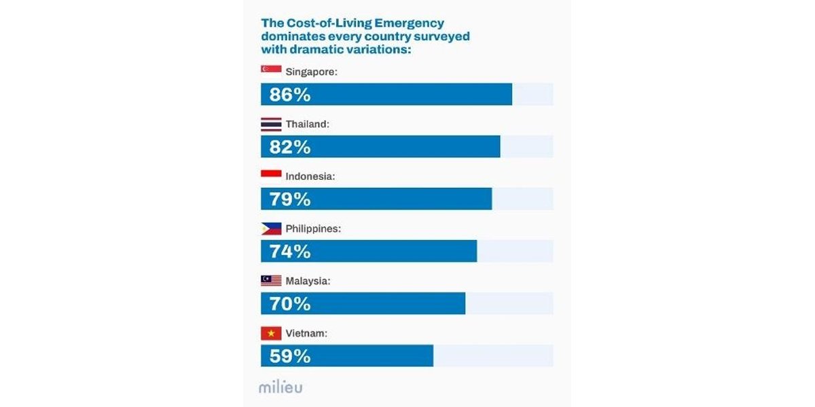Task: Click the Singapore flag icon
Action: [x=271, y=70]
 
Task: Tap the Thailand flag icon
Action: [x=271, y=124]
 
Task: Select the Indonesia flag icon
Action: [x=271, y=175]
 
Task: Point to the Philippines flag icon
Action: [x=271, y=229]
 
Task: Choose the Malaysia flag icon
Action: [x=271, y=281]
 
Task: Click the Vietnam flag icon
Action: [x=271, y=334]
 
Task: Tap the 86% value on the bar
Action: [x=290, y=95]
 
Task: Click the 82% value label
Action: [x=290, y=147]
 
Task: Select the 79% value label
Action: [x=290, y=199]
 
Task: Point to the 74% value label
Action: [x=290, y=252]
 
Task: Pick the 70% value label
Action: [x=290, y=304]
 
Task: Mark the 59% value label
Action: [x=290, y=356]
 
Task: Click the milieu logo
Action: [x=280, y=387]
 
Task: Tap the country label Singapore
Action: [x=311, y=71]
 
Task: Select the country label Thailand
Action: [x=307, y=124]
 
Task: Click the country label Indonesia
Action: [x=310, y=176]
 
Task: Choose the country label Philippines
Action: [x=313, y=229]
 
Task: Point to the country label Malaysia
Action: [x=308, y=281]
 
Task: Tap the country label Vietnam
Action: [x=306, y=334]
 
